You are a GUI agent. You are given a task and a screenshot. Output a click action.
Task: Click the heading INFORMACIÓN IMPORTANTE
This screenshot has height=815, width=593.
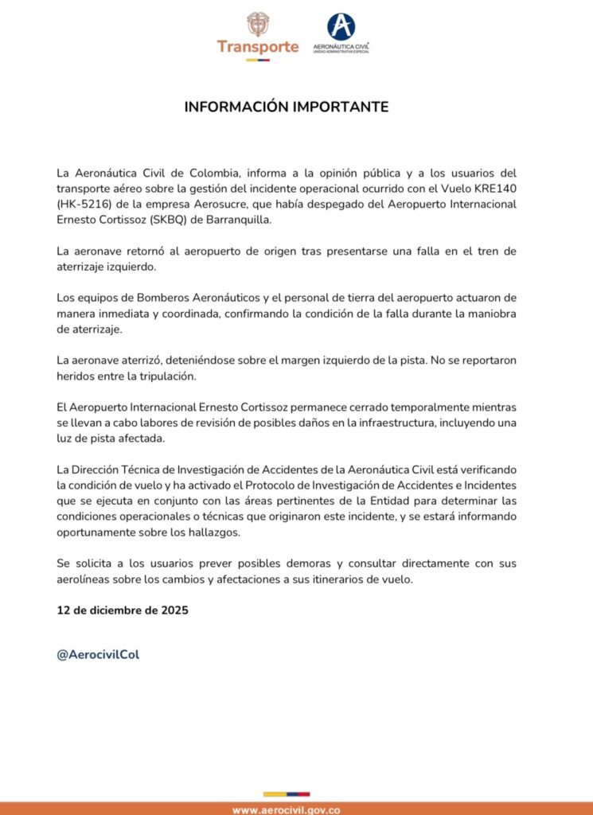pyautogui.click(x=287, y=107)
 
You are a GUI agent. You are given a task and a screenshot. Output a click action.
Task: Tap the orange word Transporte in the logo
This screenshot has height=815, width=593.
pyautogui.click(x=257, y=46)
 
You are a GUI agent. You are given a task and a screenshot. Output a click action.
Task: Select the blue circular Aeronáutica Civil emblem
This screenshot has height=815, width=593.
pyautogui.click(x=341, y=26)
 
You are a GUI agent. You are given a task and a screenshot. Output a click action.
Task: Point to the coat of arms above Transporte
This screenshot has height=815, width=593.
pyautogui.click(x=257, y=23)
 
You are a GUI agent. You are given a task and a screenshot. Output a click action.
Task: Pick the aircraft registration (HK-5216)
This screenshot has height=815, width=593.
pyautogui.click(x=88, y=205)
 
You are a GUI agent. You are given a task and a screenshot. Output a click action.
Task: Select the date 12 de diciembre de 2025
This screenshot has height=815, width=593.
pyautogui.click(x=122, y=612)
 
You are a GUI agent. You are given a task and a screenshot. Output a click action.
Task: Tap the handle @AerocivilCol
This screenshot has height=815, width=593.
pyautogui.click(x=98, y=654)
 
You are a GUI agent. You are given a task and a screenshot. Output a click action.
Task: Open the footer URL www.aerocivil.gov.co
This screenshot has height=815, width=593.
pyautogui.click(x=287, y=809)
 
